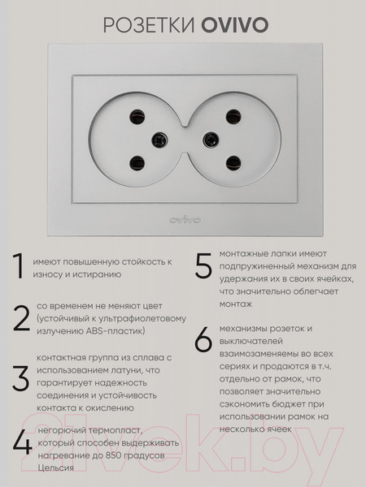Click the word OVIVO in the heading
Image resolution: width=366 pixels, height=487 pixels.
pyautogui.click(x=235, y=25)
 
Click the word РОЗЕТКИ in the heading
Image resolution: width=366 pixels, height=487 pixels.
pyautogui.click(x=150, y=25)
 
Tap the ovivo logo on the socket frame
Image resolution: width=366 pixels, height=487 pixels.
pyautogui.click(x=185, y=220)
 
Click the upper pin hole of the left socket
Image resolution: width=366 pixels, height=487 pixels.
pyautogui.click(x=137, y=117)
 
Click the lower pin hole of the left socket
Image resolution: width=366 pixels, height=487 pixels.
pyautogui.click(x=137, y=163)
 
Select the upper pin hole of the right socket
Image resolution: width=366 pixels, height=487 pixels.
pyautogui.click(x=233, y=117)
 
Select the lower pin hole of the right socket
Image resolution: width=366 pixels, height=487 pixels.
pyautogui.click(x=233, y=163)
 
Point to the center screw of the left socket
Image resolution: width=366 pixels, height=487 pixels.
pyautogui.click(x=159, y=140)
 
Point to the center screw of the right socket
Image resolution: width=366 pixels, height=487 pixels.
pyautogui.click(x=211, y=140)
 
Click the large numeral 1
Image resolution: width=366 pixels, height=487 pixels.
pyautogui.click(x=19, y=266)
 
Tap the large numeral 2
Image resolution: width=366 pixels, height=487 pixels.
pyautogui.click(x=21, y=318)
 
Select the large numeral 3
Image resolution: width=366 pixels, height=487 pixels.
pyautogui.click(x=21, y=378)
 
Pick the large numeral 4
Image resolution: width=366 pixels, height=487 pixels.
pyautogui.click(x=22, y=442)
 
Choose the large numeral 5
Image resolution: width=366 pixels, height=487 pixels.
pyautogui.click(x=203, y=265)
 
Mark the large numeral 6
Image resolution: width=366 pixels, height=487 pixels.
pyautogui.click(x=203, y=339)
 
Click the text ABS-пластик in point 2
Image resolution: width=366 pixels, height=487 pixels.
pyautogui.click(x=115, y=331)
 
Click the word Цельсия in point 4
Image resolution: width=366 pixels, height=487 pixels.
pyautogui.click(x=55, y=468)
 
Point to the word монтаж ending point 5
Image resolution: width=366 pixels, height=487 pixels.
pyautogui.click(x=236, y=304)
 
